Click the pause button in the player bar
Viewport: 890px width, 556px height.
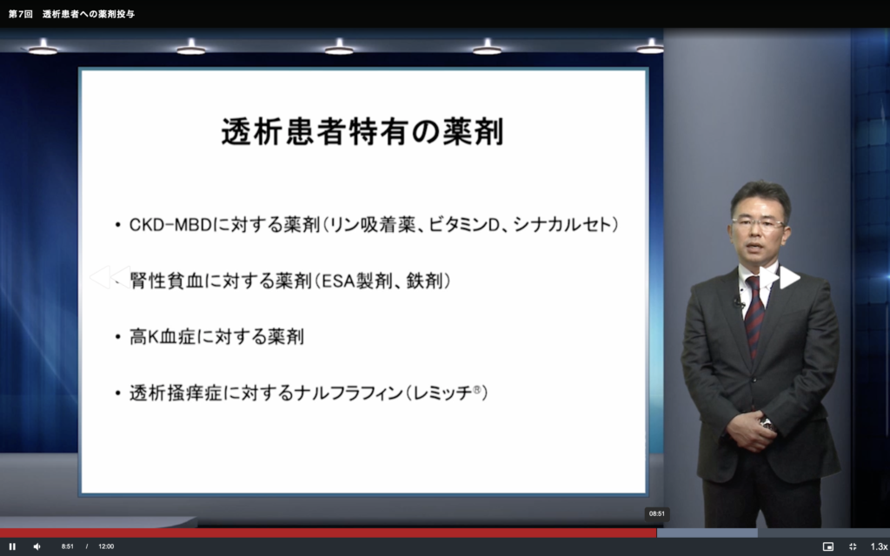[12, 546]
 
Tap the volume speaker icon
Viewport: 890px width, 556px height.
[37, 546]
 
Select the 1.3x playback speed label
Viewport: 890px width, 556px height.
[879, 546]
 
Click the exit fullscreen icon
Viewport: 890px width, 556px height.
[853, 546]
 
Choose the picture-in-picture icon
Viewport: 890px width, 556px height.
[828, 546]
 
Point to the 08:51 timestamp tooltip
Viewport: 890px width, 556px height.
[657, 513]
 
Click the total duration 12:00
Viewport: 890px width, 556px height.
[106, 546]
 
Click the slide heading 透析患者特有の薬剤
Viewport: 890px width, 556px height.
[362, 131]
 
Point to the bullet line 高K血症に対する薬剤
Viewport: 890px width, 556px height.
[216, 336]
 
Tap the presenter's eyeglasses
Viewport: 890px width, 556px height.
[758, 223]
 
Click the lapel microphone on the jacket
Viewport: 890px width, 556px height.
[738, 302]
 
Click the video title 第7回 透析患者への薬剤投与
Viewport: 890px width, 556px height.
[71, 14]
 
